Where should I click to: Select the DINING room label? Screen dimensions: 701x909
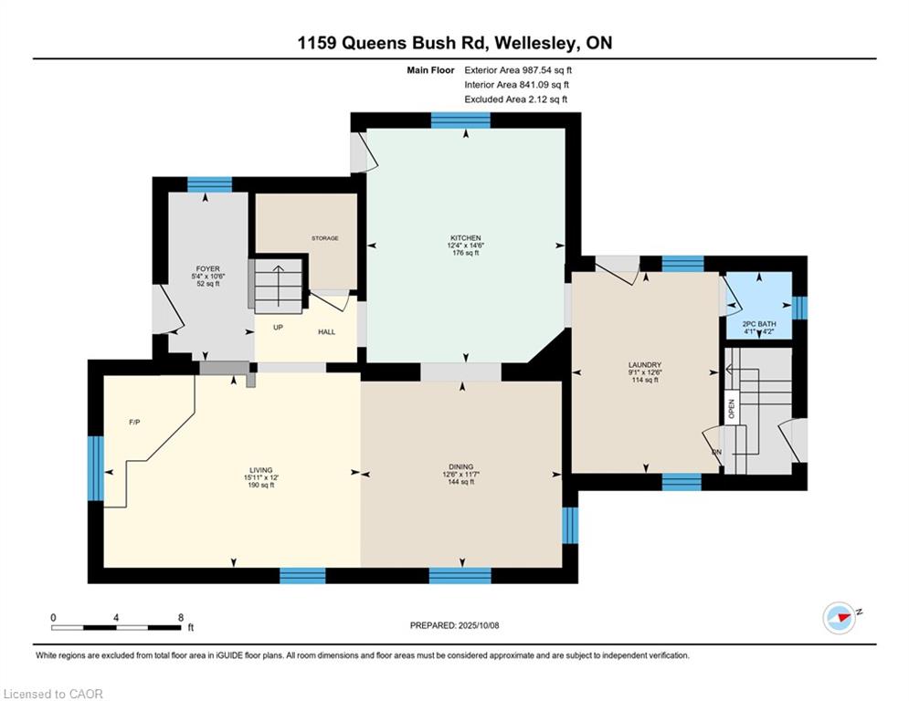(x=460, y=466)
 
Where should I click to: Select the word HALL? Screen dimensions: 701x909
(x=326, y=332)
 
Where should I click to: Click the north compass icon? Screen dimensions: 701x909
(x=838, y=618)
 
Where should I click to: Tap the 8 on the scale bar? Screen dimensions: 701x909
(x=180, y=617)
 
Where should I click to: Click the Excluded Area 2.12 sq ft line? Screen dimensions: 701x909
(x=516, y=99)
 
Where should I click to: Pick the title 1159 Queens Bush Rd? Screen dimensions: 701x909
(x=453, y=43)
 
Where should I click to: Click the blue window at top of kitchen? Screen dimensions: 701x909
(x=460, y=120)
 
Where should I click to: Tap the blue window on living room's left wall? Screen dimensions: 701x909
(x=95, y=468)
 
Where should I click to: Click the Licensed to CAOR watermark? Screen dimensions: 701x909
(x=53, y=694)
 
